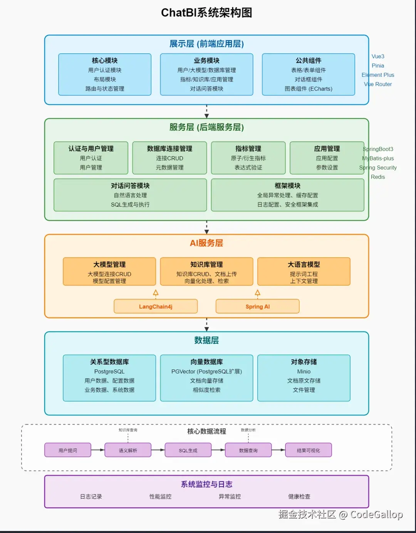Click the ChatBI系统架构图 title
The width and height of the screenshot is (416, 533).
[206, 13]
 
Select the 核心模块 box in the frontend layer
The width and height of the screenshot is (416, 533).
[105, 74]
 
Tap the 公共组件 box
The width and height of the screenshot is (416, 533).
[308, 74]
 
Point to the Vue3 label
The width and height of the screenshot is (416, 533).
[378, 56]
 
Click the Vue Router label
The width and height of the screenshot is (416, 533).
[378, 84]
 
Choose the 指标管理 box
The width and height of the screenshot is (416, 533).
[248, 158]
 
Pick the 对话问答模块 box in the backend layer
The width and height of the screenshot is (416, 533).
[130, 195]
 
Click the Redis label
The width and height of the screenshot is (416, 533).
[378, 177]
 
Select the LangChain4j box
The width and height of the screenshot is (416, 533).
[156, 307]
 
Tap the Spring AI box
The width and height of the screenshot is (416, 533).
[257, 307]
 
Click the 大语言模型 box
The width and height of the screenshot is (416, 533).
[304, 272]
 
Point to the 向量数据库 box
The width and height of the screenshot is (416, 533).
[206, 378]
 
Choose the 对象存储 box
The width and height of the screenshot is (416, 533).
[304, 378]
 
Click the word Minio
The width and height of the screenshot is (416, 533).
[304, 371]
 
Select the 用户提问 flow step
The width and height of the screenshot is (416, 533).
[68, 450]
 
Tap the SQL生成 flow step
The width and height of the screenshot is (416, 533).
[188, 450]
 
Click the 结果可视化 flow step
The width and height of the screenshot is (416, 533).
[308, 450]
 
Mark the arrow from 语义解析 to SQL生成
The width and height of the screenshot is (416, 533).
[158, 450]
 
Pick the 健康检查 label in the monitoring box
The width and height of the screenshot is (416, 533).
[299, 496]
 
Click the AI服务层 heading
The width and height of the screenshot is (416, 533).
[206, 243]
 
